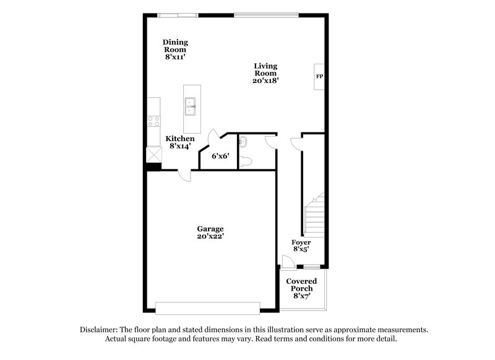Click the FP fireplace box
[x=320, y=77]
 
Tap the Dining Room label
[x=175, y=49]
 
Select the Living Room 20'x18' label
[x=265, y=73]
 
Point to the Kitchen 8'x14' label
[x=179, y=143]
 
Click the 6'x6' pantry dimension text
[x=220, y=156]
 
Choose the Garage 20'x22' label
[x=210, y=232]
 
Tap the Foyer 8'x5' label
[x=301, y=246]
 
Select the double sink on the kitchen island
[x=192, y=107]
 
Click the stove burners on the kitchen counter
[x=154, y=121]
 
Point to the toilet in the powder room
[x=247, y=161]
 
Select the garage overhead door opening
[x=207, y=307]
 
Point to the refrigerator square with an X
[x=152, y=154]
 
